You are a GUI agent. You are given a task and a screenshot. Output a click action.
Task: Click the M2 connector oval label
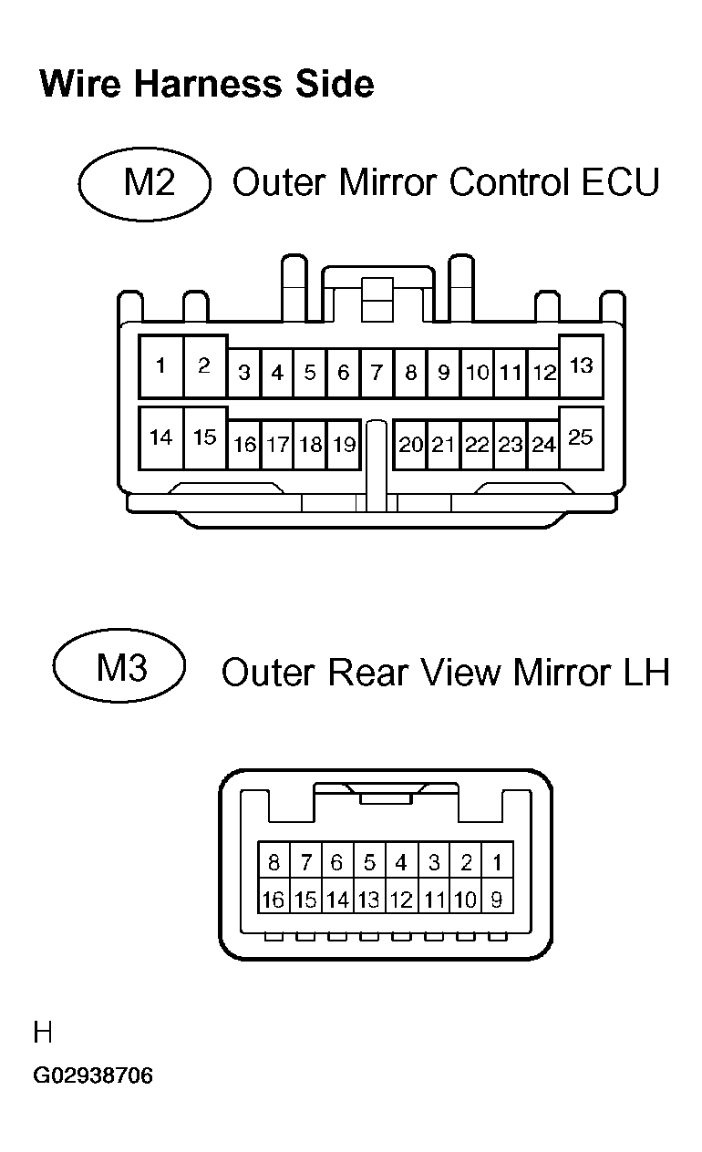pyautogui.click(x=145, y=183)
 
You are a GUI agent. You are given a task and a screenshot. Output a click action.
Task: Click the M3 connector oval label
pyautogui.click(x=119, y=669)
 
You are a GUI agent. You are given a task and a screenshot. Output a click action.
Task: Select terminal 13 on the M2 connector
pyautogui.click(x=581, y=366)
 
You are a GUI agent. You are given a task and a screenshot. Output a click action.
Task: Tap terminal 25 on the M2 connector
pyautogui.click(x=581, y=437)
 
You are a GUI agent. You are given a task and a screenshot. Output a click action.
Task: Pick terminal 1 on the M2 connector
pyautogui.click(x=160, y=366)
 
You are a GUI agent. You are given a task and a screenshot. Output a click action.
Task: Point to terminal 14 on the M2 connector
pyautogui.click(x=160, y=437)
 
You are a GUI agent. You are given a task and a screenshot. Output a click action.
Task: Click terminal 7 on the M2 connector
pyautogui.click(x=376, y=373)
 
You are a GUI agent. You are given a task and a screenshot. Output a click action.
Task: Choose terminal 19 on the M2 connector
pyautogui.click(x=344, y=445)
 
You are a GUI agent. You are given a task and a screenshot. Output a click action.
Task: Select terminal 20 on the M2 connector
pyautogui.click(x=410, y=445)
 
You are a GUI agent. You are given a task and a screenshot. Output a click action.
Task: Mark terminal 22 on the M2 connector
pyautogui.click(x=477, y=445)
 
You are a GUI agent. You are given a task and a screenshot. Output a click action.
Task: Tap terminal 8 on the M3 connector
pyautogui.click(x=274, y=861)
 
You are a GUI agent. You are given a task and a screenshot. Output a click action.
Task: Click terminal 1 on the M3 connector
pyautogui.click(x=496, y=861)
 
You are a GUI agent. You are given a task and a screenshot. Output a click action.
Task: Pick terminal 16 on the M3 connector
pyautogui.click(x=274, y=900)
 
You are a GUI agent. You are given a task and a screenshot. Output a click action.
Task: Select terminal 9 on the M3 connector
pyautogui.click(x=496, y=900)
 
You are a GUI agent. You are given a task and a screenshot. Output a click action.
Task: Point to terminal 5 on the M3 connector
pyautogui.click(x=369, y=861)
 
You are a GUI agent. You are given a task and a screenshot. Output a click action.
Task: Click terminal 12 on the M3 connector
pyautogui.click(x=401, y=900)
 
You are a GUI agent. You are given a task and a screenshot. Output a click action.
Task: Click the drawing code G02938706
pyautogui.click(x=93, y=1076)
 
